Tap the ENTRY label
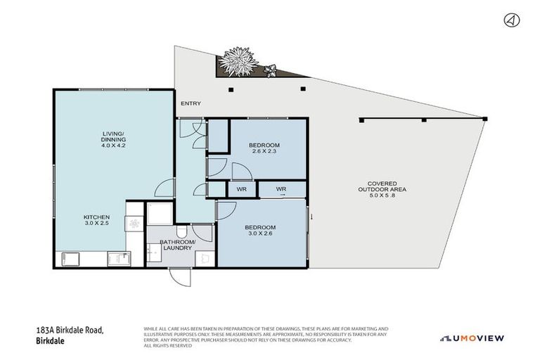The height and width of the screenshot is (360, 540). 191,104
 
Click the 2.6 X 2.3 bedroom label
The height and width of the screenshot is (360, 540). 264,149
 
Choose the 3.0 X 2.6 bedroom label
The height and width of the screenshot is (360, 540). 260,231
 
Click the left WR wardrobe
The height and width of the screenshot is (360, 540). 240,189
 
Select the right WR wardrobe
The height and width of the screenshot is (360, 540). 281,189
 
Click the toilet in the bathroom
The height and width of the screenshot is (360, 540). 181,231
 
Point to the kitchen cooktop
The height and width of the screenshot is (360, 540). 136,224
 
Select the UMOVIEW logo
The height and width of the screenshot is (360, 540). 472,338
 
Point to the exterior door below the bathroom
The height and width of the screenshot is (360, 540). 180,276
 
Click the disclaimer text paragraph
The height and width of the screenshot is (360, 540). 266,337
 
